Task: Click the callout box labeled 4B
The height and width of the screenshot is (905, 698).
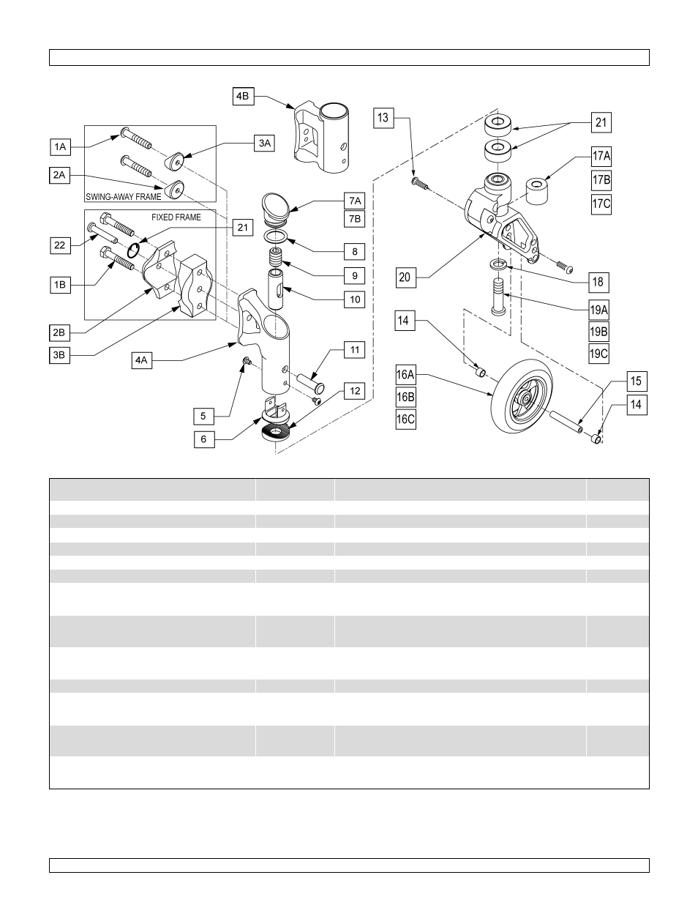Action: pos(243,96)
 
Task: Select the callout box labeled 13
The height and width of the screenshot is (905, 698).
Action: pos(383,117)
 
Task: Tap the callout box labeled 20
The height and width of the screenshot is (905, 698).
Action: pos(405,278)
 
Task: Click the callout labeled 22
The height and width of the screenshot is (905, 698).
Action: pos(60,245)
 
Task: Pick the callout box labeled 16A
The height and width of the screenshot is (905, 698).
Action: pos(405,376)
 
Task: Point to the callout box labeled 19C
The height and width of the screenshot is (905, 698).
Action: pos(598,354)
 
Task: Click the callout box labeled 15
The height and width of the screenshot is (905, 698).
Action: pos(636,381)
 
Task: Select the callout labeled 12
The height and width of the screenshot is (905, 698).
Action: pos(355,391)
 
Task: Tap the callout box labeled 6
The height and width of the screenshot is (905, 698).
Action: pos(204,439)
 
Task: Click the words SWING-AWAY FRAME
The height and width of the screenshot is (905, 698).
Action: pos(123,197)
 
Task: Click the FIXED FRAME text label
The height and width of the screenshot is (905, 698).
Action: pos(176,217)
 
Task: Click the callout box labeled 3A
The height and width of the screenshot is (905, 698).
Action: pos(264,144)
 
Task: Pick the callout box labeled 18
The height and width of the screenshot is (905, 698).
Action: pos(598,282)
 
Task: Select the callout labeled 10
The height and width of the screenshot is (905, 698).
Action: pos(355,299)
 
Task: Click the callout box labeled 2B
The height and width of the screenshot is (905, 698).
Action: pos(59,332)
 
